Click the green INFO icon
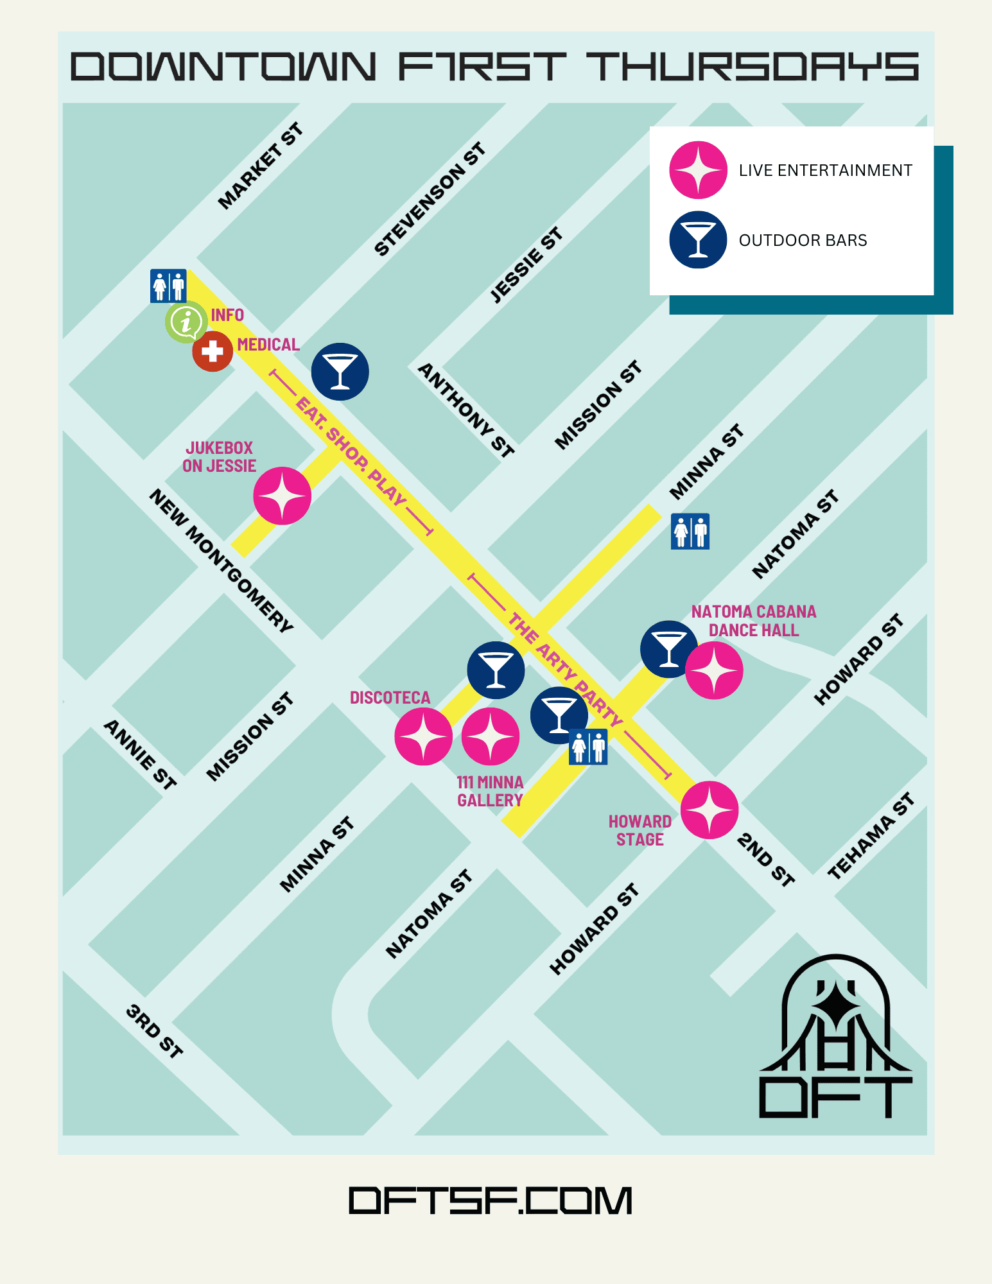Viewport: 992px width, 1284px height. coord(186,322)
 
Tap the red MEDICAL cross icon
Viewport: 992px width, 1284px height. coord(213,351)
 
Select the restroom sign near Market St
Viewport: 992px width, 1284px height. coord(168,286)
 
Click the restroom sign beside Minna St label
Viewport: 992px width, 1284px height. coord(690,531)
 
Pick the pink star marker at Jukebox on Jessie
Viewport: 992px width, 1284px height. coord(282,496)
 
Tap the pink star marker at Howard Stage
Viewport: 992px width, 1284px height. coord(709,810)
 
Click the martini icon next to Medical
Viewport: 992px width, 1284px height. coord(340,371)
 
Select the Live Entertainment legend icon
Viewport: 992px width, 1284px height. coord(698,170)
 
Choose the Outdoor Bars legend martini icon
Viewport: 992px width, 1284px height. coord(698,239)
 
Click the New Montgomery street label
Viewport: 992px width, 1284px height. coord(222,560)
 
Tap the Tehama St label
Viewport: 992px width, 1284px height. coord(871,836)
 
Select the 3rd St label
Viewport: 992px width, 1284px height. coord(155,1030)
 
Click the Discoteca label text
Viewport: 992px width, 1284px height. coord(390,697)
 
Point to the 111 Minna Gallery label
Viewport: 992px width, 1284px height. coord(490,791)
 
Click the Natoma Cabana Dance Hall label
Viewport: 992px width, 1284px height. coord(753,621)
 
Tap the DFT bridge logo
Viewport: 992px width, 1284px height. coord(835,1037)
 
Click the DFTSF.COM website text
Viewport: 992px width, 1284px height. coord(491,1201)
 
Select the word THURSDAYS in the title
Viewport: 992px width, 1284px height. coord(753,67)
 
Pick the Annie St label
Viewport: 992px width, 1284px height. coord(140,754)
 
